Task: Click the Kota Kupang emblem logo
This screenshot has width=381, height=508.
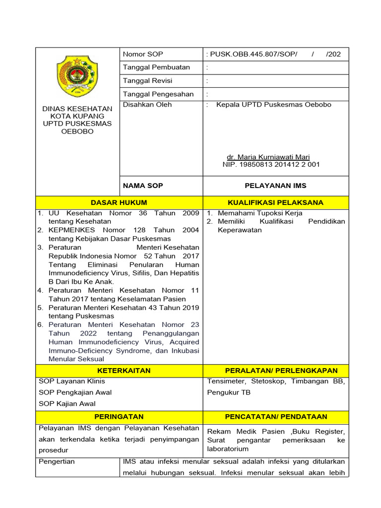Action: [77, 76]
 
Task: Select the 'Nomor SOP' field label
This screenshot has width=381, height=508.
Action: [143, 54]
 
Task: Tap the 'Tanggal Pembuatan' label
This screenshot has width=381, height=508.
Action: [156, 67]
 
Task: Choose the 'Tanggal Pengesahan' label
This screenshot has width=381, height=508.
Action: [158, 94]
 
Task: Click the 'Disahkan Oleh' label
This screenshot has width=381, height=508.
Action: [147, 105]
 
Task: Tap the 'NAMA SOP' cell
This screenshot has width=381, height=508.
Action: [143, 186]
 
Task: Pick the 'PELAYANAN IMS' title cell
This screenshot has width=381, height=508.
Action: [275, 186]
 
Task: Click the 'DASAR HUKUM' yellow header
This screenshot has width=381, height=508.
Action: [119, 202]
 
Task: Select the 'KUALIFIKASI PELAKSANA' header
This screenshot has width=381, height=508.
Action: [275, 202]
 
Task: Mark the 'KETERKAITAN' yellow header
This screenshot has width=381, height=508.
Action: [119, 371]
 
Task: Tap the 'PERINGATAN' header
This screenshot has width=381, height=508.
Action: [119, 417]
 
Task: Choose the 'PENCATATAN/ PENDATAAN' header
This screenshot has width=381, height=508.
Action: [276, 417]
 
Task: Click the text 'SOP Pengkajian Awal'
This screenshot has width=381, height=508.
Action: [75, 392]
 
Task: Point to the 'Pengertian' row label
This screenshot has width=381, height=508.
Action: [57, 461]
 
